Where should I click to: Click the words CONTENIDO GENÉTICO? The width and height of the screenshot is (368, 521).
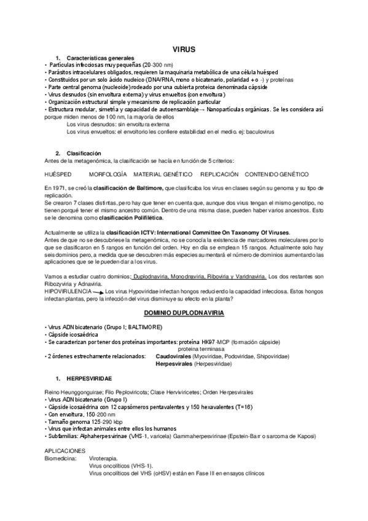[x=278, y=174]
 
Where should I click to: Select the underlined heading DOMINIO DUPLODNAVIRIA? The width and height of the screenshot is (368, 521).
[x=184, y=313]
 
